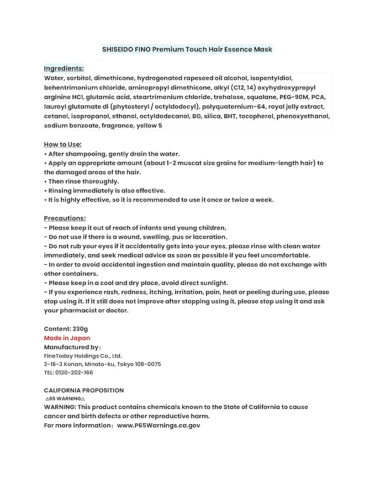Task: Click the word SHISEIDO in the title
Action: (x=118, y=49)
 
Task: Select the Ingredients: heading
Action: (x=64, y=68)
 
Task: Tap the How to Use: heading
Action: (x=63, y=145)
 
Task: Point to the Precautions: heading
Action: (x=65, y=218)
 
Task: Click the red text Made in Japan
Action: (x=67, y=338)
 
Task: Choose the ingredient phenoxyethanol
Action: (x=304, y=116)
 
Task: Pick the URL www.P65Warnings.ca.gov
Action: (x=159, y=425)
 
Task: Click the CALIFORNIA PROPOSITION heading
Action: (x=84, y=390)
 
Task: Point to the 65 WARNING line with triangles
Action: (x=65, y=398)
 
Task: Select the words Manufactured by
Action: (x=71, y=347)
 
